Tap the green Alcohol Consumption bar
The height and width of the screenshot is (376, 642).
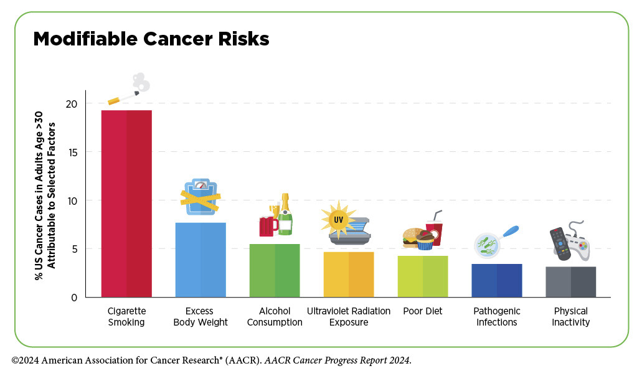275,270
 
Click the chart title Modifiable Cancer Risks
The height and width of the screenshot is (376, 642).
151,39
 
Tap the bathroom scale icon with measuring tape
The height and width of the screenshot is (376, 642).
199,197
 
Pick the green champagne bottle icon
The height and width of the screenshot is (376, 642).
285,215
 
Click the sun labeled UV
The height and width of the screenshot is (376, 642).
338,220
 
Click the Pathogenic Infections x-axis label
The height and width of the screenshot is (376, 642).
496,316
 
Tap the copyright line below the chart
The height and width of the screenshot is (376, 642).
212,361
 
